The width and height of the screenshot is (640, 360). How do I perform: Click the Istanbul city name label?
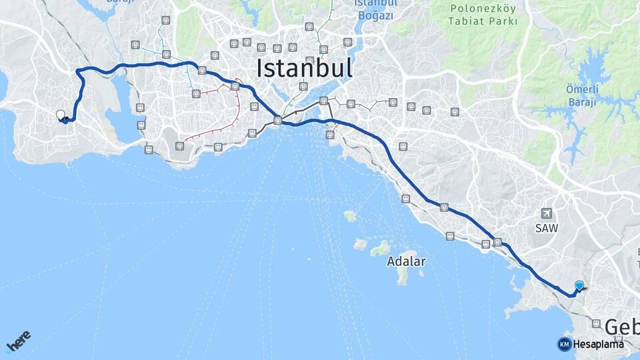click(304, 67)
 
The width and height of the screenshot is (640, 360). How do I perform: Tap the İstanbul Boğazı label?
click(375, 9)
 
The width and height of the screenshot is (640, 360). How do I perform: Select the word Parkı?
click(503, 21)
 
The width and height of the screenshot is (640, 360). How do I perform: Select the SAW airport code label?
click(547, 228)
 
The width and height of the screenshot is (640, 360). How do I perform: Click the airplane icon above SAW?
click(547, 213)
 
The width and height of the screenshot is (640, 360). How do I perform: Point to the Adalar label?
click(405, 262)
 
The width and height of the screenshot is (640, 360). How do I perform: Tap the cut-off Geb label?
click(621, 327)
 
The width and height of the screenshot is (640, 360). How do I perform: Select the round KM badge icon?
click(564, 344)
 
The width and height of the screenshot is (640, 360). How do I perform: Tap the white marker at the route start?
click(61, 115)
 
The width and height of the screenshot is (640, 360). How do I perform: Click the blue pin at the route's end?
click(579, 285)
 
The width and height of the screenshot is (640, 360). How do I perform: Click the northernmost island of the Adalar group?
click(350, 216)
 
